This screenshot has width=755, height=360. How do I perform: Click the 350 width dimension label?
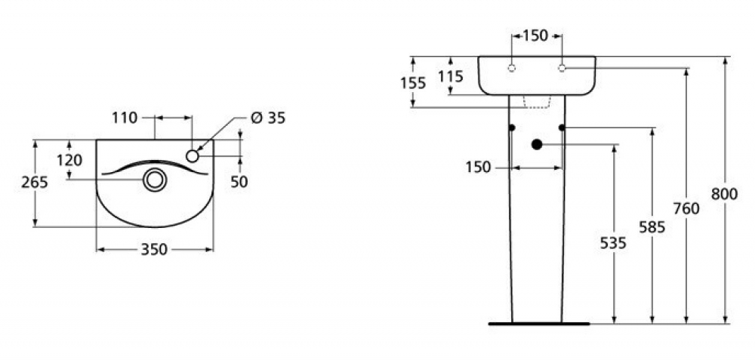point(154,249)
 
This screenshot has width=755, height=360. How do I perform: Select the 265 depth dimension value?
point(35,183)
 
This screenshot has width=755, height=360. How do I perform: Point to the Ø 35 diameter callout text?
point(268,118)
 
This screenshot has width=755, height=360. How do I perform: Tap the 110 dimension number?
point(125,118)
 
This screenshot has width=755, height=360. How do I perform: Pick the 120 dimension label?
point(69,160)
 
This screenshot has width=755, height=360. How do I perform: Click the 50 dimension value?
point(239,182)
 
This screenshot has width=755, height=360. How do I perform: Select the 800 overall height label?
point(724,194)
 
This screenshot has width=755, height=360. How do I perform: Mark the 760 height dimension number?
point(686,208)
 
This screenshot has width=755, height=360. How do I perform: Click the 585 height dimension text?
point(652,227)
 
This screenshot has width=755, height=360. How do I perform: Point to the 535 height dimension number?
point(613,244)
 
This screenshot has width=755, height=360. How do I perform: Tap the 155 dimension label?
point(413,83)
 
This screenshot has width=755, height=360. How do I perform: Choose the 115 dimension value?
point(451,76)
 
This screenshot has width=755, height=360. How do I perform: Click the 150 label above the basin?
point(535,35)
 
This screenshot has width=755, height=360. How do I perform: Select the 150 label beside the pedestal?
point(478,168)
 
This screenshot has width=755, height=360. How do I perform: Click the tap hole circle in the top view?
point(193,155)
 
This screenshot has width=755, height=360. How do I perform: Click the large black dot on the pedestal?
point(537,144)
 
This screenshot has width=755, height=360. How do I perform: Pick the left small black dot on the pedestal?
point(512,128)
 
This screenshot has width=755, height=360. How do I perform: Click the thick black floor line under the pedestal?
point(539,324)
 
